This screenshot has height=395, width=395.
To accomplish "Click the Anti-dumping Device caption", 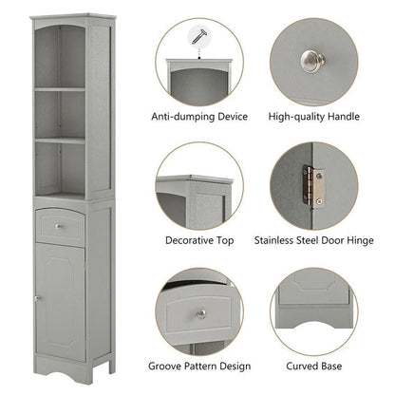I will [199, 117].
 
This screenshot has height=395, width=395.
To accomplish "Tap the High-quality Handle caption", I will [313, 117].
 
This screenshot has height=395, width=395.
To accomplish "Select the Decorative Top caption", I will [198, 241].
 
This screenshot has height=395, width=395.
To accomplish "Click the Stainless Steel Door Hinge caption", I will [313, 241].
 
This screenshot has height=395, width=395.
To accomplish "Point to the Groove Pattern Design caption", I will [199, 365].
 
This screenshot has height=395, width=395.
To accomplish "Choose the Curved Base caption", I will [313, 365].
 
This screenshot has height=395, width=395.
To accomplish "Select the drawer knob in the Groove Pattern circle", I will [201, 314].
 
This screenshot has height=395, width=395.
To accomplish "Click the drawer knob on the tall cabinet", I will [62, 226].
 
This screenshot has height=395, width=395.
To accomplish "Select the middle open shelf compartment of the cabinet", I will [62, 115].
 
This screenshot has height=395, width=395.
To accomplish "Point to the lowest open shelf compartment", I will [62, 168].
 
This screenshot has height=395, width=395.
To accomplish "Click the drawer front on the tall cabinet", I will [62, 225].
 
